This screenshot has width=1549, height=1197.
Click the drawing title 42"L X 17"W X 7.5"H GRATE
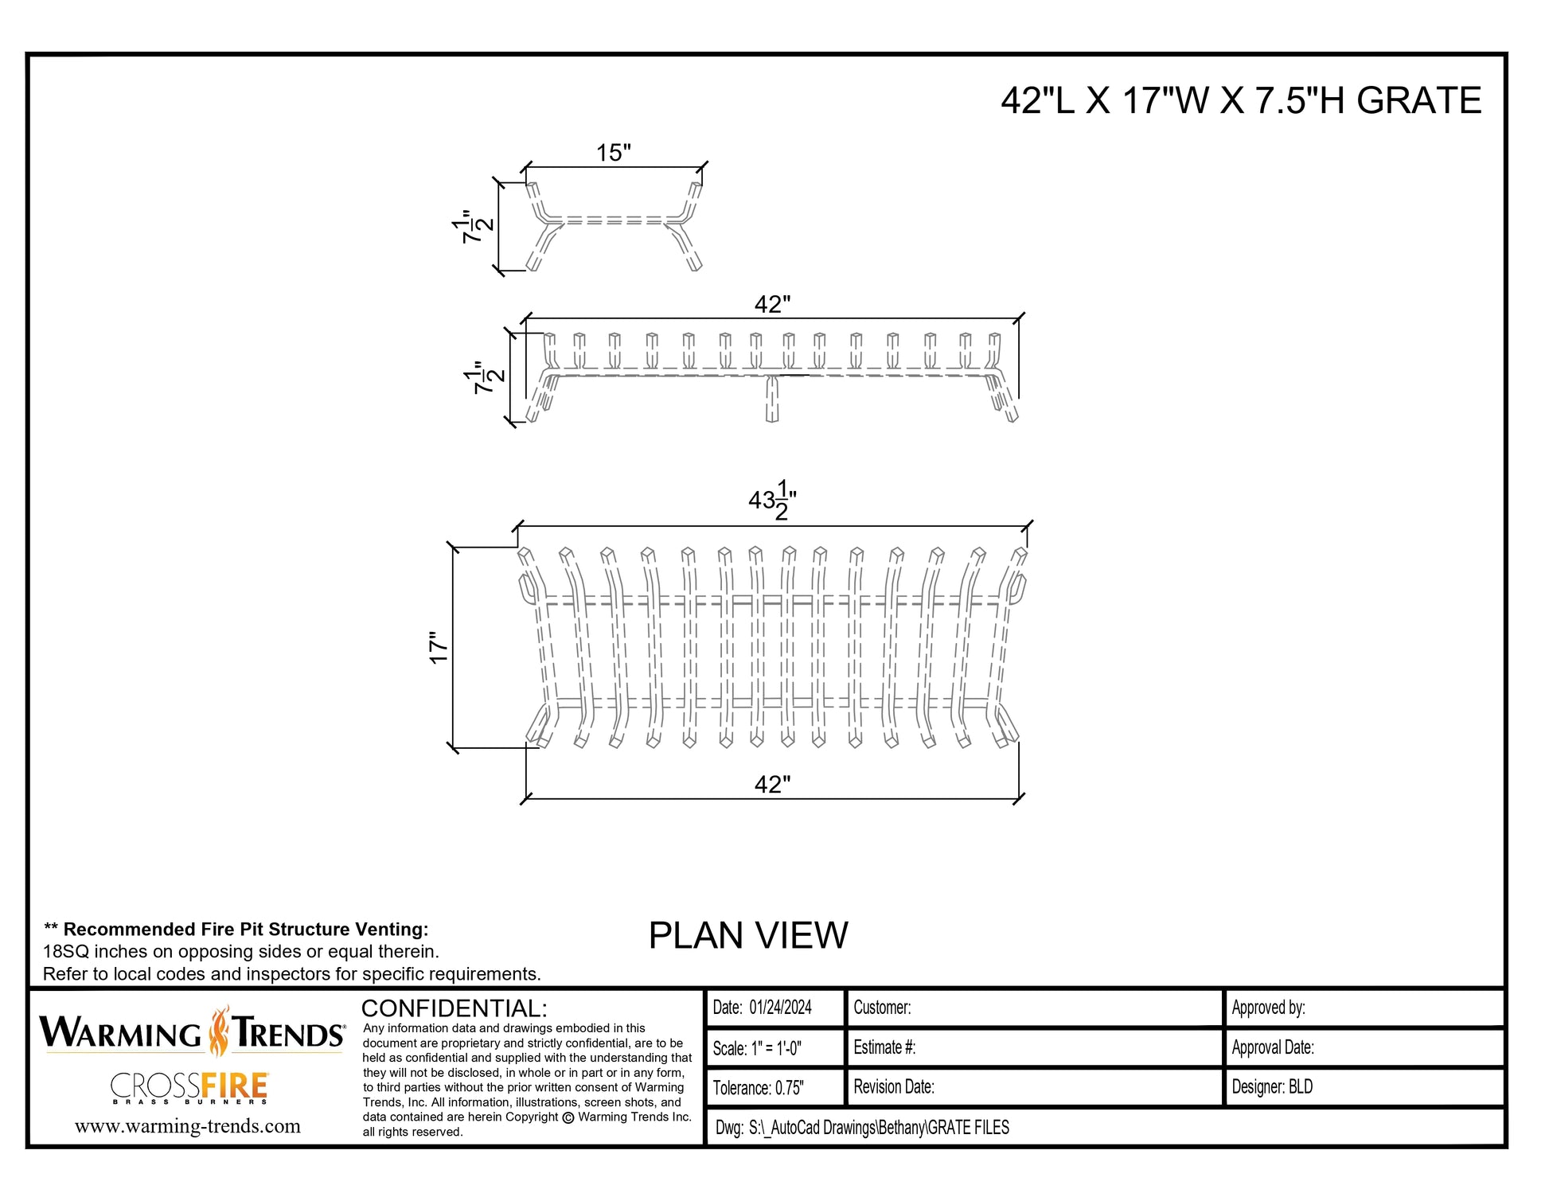[1241, 101]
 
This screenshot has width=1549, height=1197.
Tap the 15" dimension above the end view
[614, 152]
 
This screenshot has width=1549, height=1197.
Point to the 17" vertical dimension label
[439, 648]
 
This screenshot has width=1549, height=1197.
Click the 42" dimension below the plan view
[772, 785]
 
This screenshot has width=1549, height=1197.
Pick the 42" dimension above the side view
[772, 305]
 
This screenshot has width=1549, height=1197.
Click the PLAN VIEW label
[748, 935]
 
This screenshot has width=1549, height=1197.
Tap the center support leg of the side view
[771, 398]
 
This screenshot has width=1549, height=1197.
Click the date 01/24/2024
[781, 1008]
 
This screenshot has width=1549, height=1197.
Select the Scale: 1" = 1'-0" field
[757, 1048]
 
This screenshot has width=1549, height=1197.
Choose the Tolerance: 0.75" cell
[759, 1088]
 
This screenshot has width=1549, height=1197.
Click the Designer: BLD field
[1272, 1087]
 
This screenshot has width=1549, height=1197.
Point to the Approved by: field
[1268, 1008]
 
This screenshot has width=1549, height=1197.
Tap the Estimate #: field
[884, 1047]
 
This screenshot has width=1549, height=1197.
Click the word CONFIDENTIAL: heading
[454, 1008]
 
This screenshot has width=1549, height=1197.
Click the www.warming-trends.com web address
[188, 1126]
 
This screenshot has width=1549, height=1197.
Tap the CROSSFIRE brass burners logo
[189, 1088]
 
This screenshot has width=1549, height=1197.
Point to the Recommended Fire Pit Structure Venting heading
[236, 930]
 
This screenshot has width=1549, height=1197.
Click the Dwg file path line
[862, 1128]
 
